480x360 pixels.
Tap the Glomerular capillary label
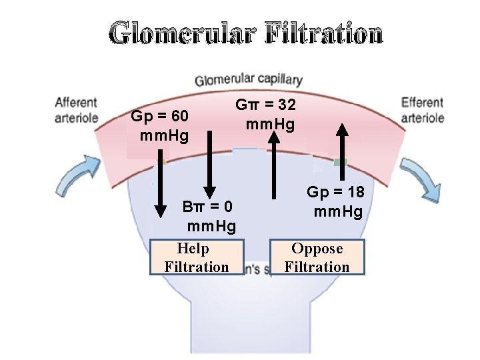pyautogui.click(x=248, y=81)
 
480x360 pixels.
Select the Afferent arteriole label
pyautogui.click(x=76, y=110)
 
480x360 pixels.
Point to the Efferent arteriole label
pyautogui.click(x=423, y=110)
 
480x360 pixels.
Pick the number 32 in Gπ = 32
pyautogui.click(x=287, y=105)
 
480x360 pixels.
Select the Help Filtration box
pyautogui.click(x=197, y=257)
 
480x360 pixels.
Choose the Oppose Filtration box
pyautogui.click(x=317, y=257)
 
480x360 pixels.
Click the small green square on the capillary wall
pyautogui.click(x=341, y=162)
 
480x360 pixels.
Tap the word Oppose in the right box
pyautogui.click(x=317, y=249)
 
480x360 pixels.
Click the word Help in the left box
pyautogui.click(x=193, y=249)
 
